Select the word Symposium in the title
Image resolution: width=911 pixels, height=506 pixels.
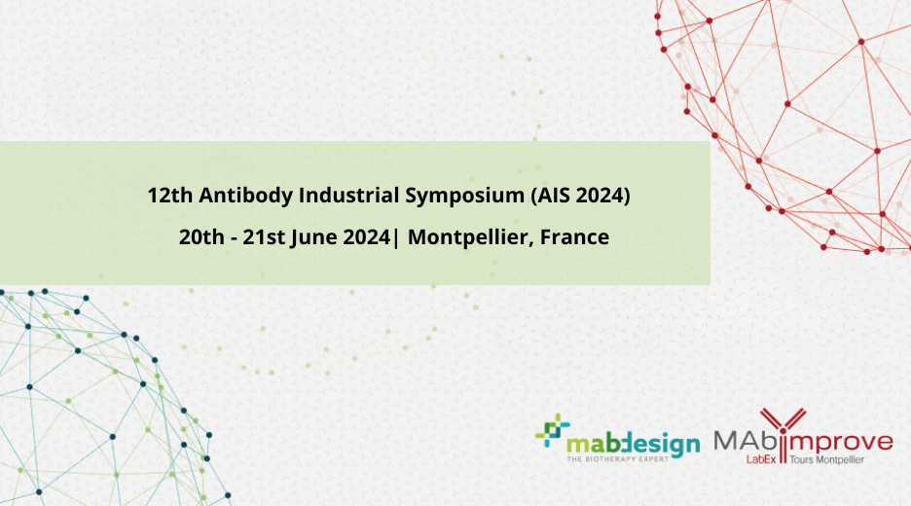465,197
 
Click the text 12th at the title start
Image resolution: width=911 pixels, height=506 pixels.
169,195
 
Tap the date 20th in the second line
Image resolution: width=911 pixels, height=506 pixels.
201,237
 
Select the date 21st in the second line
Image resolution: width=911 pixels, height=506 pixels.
265,237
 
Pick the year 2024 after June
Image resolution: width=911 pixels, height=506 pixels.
366,237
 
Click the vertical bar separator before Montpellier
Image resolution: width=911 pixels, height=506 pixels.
396,237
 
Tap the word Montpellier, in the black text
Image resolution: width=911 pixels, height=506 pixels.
471,238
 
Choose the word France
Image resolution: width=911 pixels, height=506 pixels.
574,237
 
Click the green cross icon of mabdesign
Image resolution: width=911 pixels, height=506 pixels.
553,430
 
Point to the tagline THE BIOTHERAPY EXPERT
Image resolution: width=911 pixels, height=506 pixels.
618,459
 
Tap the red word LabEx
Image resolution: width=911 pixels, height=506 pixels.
761,459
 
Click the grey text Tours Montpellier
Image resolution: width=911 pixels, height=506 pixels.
826,459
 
